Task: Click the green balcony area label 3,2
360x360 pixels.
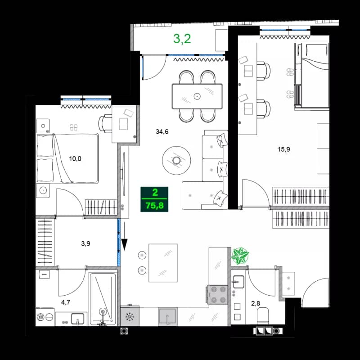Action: click(182, 39)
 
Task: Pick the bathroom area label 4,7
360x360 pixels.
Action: click(65, 302)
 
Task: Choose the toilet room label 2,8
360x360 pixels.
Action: click(256, 303)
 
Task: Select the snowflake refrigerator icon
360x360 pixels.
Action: click(130, 317)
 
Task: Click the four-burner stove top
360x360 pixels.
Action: click(218, 295)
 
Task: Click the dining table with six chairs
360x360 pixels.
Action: click(197, 96)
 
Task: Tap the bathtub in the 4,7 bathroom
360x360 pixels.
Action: click(103, 298)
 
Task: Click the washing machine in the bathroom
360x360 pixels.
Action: click(43, 317)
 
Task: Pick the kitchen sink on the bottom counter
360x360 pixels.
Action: click(168, 317)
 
